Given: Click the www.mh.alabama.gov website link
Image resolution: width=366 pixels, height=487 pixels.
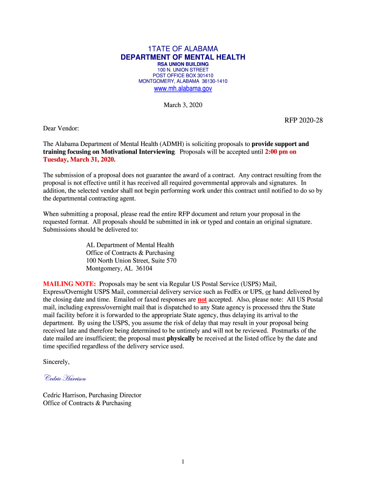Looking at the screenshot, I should (x=183, y=88).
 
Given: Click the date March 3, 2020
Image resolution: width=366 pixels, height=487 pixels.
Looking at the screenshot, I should (x=183, y=105).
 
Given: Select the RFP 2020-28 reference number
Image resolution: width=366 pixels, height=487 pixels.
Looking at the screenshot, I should (x=304, y=120).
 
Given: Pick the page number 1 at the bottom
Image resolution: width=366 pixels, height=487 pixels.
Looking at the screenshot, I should (x=183, y=461).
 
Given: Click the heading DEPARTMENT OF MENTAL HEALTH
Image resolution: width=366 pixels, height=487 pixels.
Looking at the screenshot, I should (x=183, y=58).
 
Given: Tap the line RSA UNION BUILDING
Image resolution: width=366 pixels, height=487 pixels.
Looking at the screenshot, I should (x=183, y=64).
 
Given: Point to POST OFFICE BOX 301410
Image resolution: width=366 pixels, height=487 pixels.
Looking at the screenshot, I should (x=183, y=76).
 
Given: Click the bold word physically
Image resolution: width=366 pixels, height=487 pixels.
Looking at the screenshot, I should (x=181, y=338).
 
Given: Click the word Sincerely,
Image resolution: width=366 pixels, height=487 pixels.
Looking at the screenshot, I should (x=57, y=362).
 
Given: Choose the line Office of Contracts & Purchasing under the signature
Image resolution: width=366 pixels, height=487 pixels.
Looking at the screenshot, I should (x=87, y=403).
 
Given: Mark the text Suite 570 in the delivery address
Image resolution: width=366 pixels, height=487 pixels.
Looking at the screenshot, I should (x=164, y=261).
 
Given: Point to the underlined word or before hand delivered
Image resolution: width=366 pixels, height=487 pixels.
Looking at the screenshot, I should (x=268, y=292).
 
